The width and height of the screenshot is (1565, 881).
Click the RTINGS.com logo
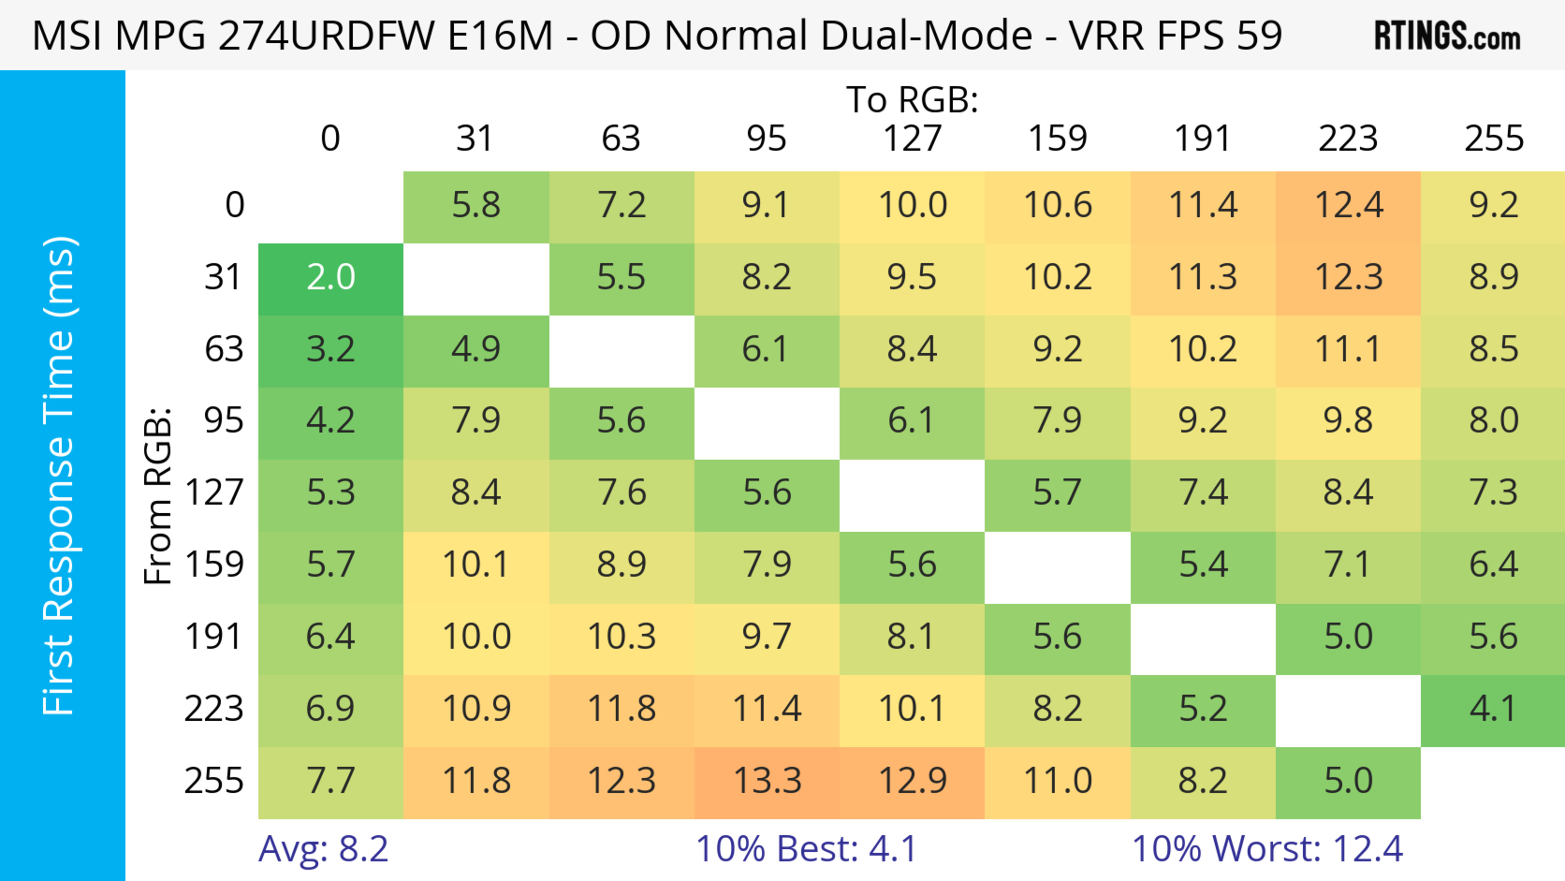[1447, 35]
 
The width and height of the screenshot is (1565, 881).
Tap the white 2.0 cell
[331, 278]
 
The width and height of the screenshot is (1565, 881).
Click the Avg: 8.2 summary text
[323, 849]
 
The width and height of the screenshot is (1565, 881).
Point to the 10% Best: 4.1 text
[806, 849]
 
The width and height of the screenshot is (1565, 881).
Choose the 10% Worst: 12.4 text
[1267, 849]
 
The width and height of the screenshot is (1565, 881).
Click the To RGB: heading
[912, 99]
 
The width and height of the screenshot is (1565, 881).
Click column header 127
[912, 139]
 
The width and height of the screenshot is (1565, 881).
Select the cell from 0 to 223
[1348, 205]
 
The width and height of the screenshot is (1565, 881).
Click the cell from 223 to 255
[1493, 709]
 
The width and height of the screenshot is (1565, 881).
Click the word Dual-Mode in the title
[848, 35]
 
